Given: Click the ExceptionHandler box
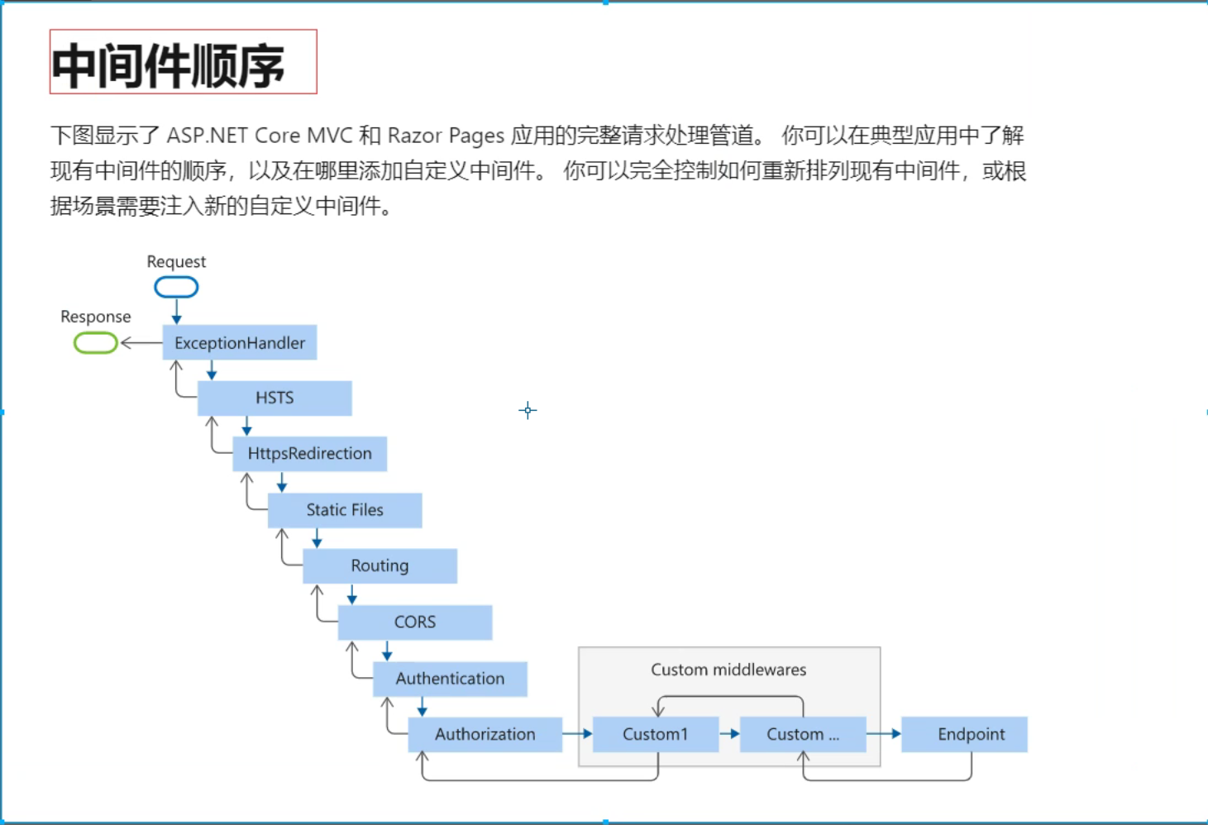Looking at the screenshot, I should coord(240,343).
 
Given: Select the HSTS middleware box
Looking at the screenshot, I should coord(275,398).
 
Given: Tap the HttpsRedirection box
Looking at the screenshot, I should coord(310,454).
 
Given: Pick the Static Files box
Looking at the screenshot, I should coord(345,510).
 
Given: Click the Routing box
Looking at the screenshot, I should coord(380,566).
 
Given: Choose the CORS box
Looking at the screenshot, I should coord(415,622).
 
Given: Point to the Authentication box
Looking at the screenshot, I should coord(450,679).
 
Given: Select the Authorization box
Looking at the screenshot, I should coord(485,734).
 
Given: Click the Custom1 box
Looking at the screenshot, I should coord(656,734).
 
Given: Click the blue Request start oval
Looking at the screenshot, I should coord(176,287).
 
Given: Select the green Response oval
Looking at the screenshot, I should coord(96,342).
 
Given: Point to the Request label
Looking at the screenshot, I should coord(176,262).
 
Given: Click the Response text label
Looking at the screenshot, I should coord(96,317).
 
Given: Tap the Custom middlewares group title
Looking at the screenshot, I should coord(728,670).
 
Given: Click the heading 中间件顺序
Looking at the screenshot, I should coord(169,65).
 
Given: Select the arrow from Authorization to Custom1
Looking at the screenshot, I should coord(577,733).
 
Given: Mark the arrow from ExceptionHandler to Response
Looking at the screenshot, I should coord(141,342).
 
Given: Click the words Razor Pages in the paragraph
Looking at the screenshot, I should coord(446,136).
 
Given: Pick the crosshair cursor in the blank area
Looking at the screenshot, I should coord(528,410).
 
